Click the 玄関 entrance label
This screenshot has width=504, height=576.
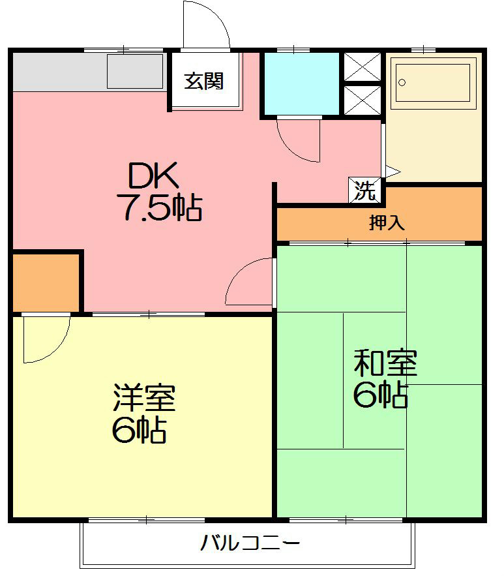coord(204,81)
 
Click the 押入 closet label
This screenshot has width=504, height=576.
coord(387,223)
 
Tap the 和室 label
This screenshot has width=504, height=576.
coord(385,363)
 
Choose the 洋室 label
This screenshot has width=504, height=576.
coord(144,398)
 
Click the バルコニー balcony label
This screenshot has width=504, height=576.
coord(250,543)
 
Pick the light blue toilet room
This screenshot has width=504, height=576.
coord(301,83)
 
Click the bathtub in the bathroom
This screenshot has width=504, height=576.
coord(434,82)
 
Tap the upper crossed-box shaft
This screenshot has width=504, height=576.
coord(362,66)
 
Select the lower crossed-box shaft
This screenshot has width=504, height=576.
coord(362,100)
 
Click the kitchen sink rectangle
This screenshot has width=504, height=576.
coord(134,71)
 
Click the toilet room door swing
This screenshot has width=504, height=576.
coord(298,139)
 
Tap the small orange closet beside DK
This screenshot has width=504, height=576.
coord(46,282)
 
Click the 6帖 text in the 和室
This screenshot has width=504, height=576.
coord(381,395)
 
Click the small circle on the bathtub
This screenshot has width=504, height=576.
coord(402,82)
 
